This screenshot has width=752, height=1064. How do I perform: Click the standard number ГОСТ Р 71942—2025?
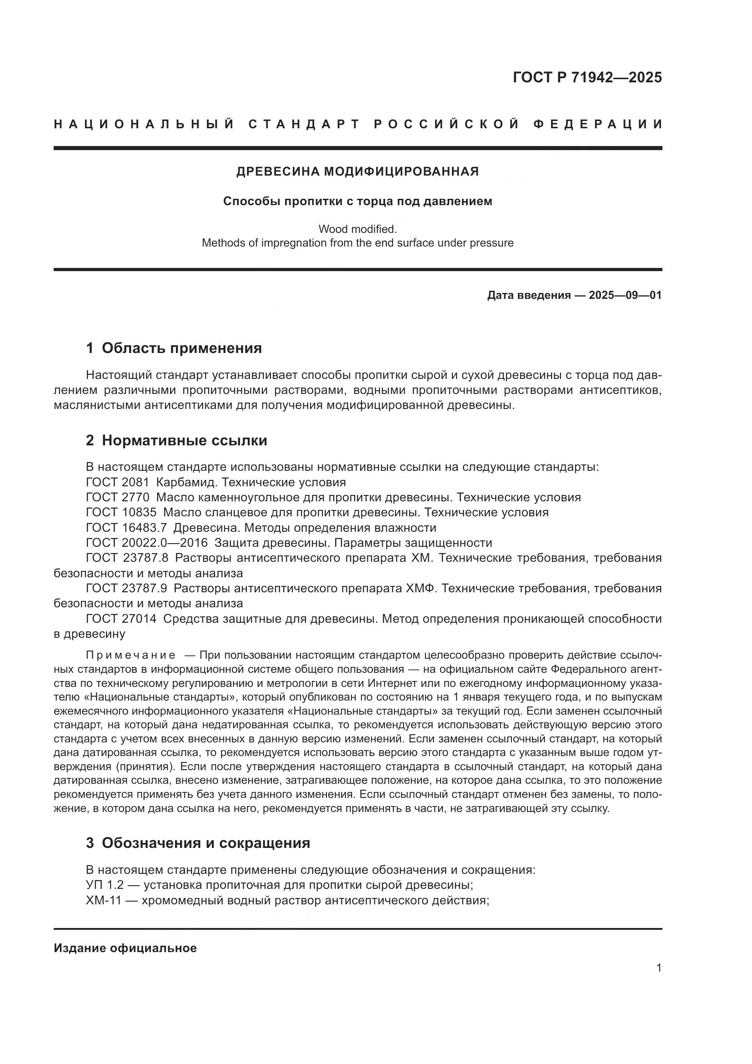[x=587, y=77]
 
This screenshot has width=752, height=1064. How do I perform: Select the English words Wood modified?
[x=357, y=229]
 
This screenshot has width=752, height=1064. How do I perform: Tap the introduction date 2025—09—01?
[x=625, y=295]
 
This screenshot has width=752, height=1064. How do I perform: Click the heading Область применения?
[x=181, y=348]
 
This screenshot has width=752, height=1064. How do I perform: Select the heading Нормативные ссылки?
[x=184, y=440]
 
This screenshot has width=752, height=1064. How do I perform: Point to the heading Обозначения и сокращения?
[x=206, y=843]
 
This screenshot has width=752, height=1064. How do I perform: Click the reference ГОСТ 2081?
[x=117, y=482]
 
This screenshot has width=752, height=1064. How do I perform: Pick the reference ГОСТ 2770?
[x=117, y=497]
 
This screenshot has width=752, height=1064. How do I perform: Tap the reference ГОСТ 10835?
[x=121, y=513]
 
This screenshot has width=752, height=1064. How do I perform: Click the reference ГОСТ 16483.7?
[x=126, y=528]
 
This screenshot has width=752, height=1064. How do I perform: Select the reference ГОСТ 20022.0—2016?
[x=147, y=543]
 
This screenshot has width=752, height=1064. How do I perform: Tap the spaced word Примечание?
[x=130, y=655]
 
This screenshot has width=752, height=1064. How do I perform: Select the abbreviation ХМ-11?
[x=104, y=900]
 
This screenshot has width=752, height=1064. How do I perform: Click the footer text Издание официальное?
[x=125, y=948]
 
